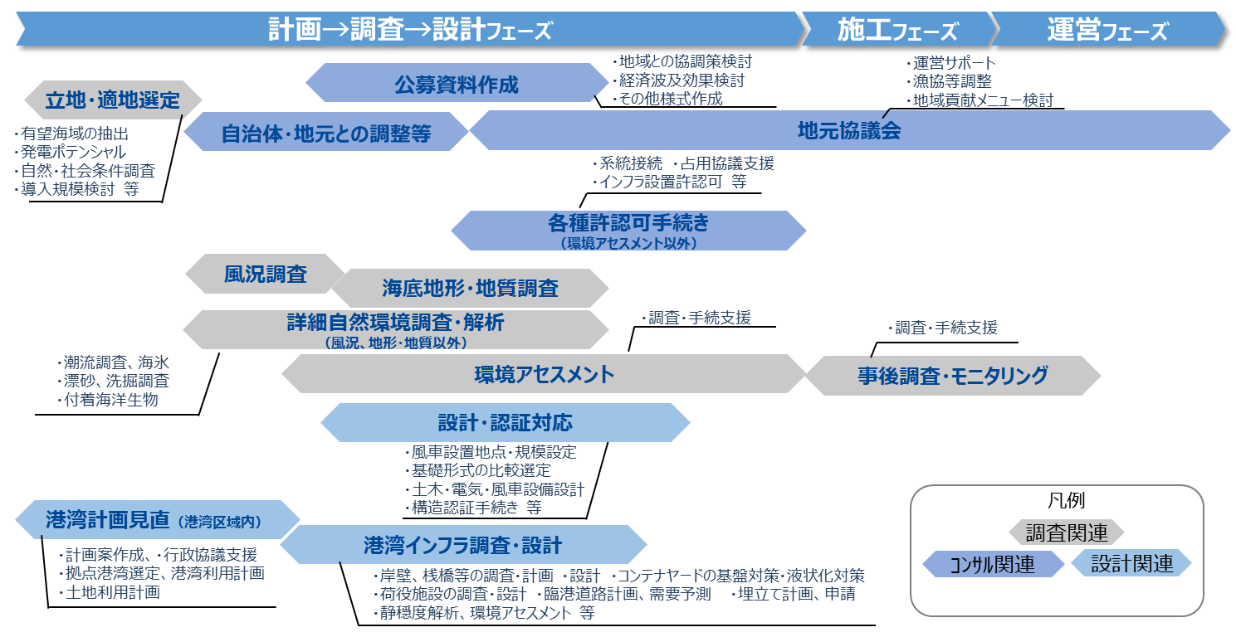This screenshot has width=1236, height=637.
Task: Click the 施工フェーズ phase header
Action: coord(897,31)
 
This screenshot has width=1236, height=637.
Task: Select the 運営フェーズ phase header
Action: coord(1107,31)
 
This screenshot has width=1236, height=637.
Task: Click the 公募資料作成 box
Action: coord(457,84)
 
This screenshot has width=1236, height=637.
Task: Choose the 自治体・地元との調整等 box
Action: coord(326,133)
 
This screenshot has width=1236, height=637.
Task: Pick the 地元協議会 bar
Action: coord(849,131)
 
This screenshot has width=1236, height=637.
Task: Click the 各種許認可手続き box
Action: coord(628,229)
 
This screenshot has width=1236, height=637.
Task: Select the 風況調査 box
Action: coord(265,275)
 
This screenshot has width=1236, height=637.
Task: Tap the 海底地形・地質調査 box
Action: coord(470,288)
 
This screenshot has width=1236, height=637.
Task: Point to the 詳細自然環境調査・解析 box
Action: coord(395,329)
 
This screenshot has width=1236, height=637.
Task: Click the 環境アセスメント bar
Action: coord(544,374)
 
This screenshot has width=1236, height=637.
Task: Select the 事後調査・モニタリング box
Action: coord(953,376)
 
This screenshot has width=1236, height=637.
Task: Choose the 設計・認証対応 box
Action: coord(505,423)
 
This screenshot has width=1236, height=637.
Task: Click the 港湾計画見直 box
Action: coord(158,520)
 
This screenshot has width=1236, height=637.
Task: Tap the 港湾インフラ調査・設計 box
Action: coord(463,545)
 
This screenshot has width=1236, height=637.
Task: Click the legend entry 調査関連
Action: coord(1066,532)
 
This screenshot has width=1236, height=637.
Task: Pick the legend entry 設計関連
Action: coord(1131,564)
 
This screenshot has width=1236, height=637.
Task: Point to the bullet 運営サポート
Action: coord(954,63)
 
